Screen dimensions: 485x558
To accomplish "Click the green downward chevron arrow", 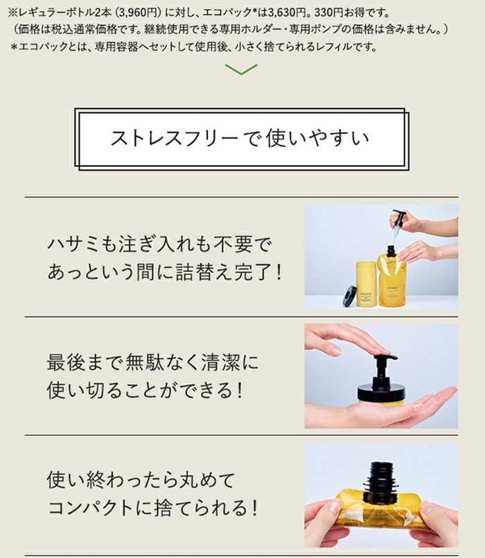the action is (x=241, y=69).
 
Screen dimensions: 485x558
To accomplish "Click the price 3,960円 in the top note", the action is (x=137, y=13).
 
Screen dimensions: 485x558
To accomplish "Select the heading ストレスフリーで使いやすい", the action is (x=240, y=138).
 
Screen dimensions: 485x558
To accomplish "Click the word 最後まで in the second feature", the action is (x=85, y=362).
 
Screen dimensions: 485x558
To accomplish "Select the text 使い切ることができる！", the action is (x=145, y=390).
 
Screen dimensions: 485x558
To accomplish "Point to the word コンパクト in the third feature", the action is (x=90, y=508).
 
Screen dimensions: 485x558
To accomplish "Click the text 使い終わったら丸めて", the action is (x=141, y=480).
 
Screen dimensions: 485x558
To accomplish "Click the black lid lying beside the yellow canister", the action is (x=349, y=296).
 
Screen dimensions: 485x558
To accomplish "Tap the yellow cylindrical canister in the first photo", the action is (x=367, y=285).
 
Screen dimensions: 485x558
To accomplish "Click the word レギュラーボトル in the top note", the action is (x=53, y=13).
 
